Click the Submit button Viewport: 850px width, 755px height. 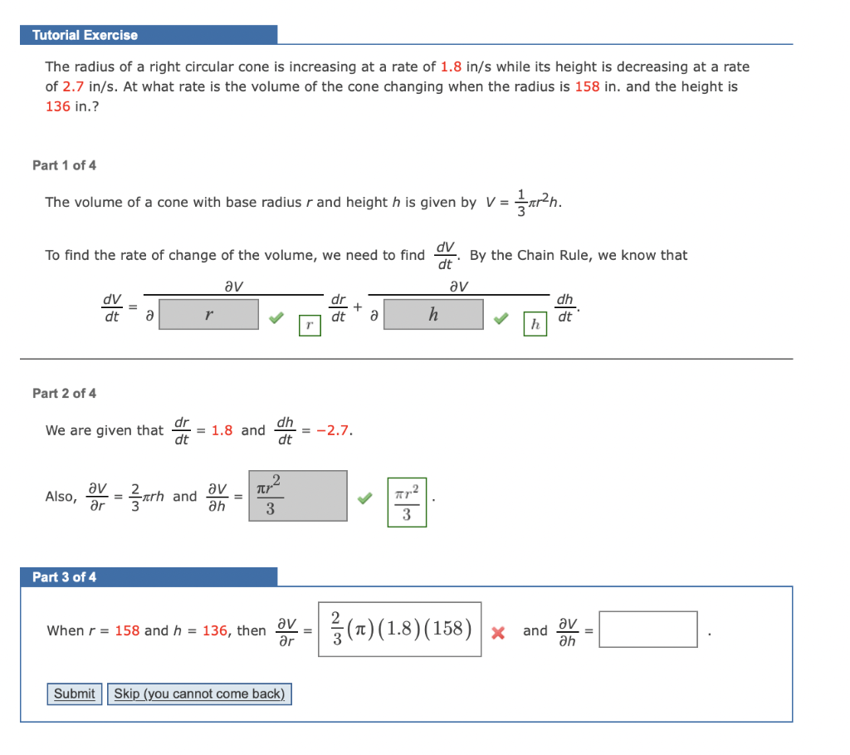pos(74,694)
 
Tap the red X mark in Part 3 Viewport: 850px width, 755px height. pos(498,632)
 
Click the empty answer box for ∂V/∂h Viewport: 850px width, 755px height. pos(648,630)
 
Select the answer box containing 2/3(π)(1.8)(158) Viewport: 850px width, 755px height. pos(399,630)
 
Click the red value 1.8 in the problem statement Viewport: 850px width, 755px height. pos(451,66)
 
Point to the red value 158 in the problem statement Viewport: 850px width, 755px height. pos(587,86)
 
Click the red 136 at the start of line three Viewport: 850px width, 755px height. pos(57,106)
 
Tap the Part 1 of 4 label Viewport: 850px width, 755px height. pos(64,165)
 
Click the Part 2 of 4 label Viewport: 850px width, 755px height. pos(64,393)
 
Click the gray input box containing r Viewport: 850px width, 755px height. pos(208,315)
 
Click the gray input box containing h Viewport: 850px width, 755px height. pos(433,315)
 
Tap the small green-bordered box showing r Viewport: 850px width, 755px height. pos(309,326)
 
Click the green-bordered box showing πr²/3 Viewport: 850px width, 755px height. pos(407,503)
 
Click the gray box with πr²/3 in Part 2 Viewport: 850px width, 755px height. pos(297,496)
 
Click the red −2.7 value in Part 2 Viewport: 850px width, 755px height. pos(335,430)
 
